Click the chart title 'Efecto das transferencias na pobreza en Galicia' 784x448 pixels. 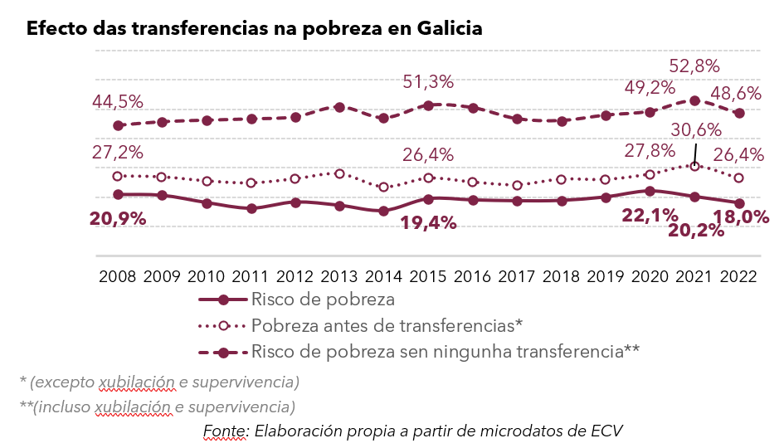[x=254, y=28]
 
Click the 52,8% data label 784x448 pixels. [x=695, y=66]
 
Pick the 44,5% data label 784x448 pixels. [x=119, y=102]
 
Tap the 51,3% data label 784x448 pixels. [x=428, y=82]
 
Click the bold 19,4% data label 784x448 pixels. [x=428, y=222]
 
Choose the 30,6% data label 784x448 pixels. [x=695, y=130]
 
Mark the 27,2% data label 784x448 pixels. [x=119, y=153]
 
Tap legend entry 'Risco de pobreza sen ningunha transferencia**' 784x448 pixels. [x=445, y=351]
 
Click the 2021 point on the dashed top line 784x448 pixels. [x=695, y=100]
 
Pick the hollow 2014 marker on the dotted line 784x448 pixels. [x=383, y=187]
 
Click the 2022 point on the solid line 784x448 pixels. [x=739, y=203]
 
